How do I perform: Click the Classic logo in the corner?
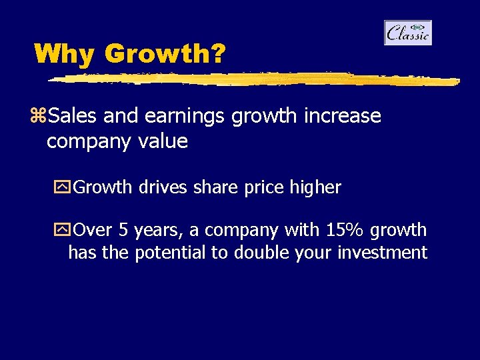408,33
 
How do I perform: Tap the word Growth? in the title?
165,53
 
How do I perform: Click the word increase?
342,116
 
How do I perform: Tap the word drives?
163,187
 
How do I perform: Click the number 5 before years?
123,230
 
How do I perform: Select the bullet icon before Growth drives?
65,188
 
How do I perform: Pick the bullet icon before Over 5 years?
65,231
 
